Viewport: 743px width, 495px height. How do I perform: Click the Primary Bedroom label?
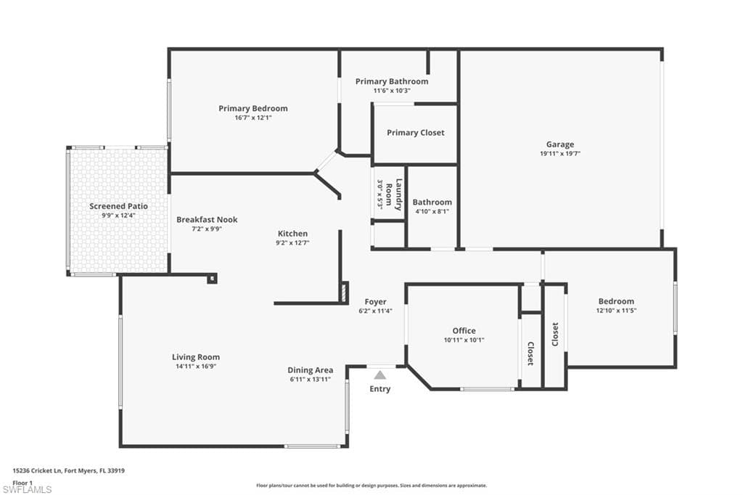pyautogui.click(x=253, y=109)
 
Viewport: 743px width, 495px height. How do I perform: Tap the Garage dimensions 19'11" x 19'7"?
pyautogui.click(x=560, y=154)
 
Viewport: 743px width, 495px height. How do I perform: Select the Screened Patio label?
pyautogui.click(x=118, y=206)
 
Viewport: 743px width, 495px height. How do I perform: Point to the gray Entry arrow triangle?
pyautogui.click(x=380, y=375)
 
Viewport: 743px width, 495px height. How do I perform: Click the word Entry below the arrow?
pyautogui.click(x=380, y=389)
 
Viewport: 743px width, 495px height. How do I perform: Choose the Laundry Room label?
pyautogui.click(x=394, y=195)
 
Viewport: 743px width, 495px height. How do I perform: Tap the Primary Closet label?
pyautogui.click(x=416, y=133)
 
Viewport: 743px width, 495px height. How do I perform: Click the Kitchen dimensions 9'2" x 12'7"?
pyautogui.click(x=292, y=242)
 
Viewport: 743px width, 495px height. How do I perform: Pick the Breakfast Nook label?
pyautogui.click(x=207, y=219)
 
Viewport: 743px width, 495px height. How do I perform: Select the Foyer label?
pyautogui.click(x=375, y=301)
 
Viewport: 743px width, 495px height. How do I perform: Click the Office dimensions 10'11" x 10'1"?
pyautogui.click(x=464, y=340)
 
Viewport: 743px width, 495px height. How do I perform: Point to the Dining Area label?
pyautogui.click(x=311, y=370)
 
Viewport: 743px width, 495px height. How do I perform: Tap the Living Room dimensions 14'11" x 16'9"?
pyautogui.click(x=196, y=367)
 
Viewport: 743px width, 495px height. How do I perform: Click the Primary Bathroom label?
pyautogui.click(x=392, y=81)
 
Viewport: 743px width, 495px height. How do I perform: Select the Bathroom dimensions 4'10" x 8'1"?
pyautogui.click(x=432, y=211)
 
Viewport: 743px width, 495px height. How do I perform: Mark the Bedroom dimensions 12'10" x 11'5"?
pyautogui.click(x=616, y=311)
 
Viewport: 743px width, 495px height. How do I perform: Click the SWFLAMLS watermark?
pyautogui.click(x=27, y=489)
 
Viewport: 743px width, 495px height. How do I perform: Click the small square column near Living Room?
pyautogui.click(x=212, y=278)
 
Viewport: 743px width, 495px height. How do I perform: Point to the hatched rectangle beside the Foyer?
pyautogui.click(x=344, y=292)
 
